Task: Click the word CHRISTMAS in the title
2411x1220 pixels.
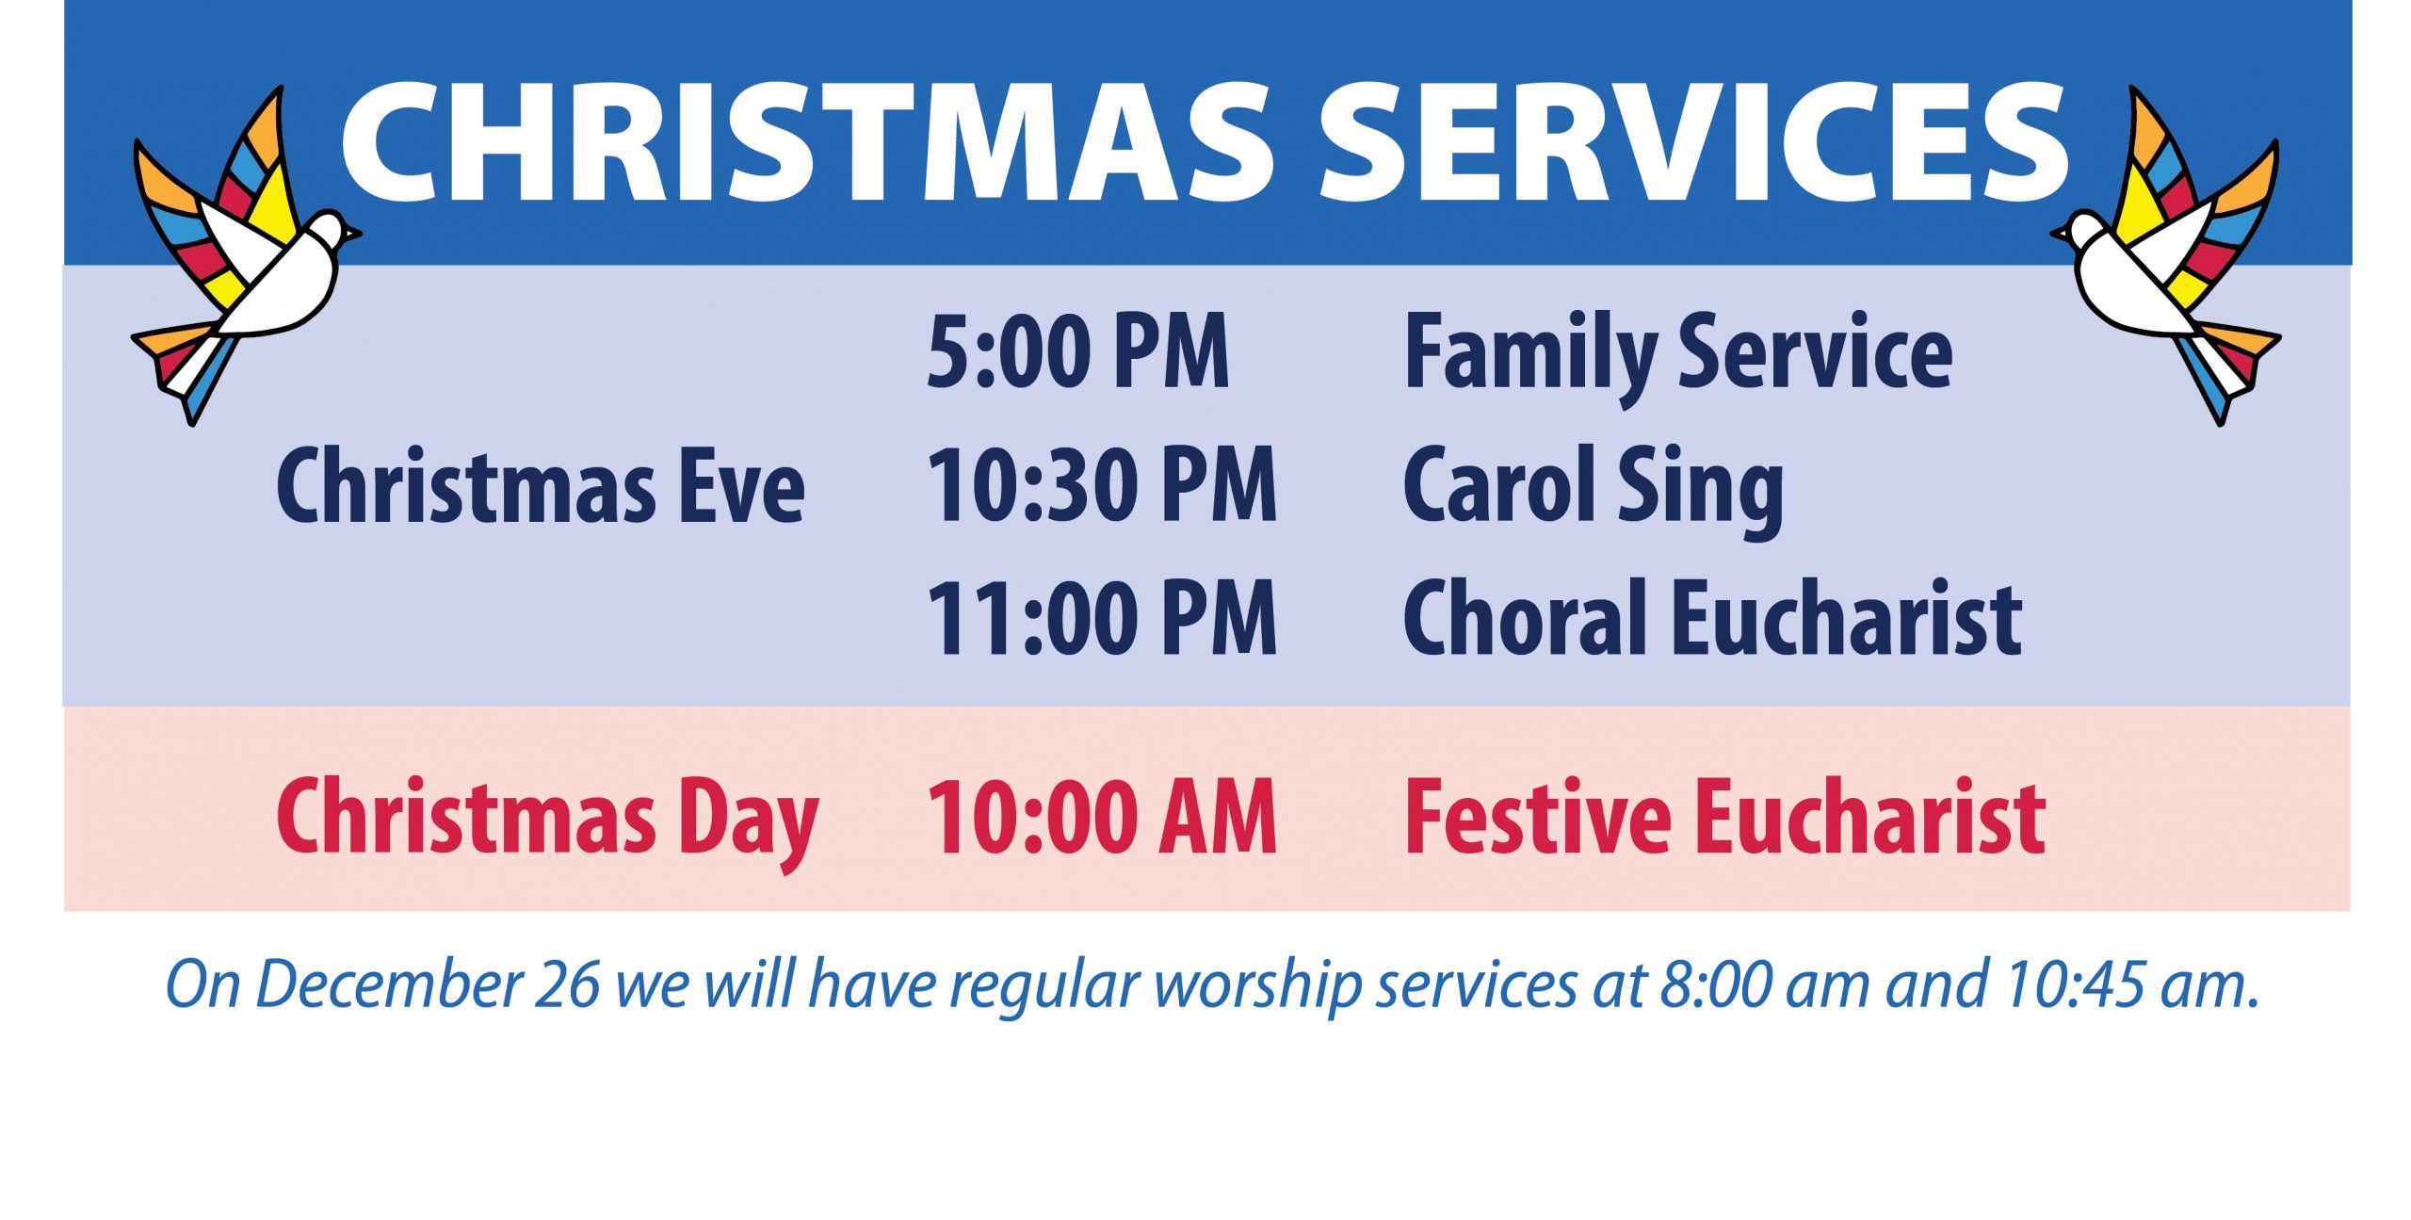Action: point(808,142)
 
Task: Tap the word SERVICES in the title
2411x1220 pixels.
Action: point(1693,142)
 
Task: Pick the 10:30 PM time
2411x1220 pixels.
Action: point(1102,484)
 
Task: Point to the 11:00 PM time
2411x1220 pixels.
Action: point(1102,618)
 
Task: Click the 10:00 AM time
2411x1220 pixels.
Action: point(1102,816)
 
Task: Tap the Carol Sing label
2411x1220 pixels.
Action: point(1594,490)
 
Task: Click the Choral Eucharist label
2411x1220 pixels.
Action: point(1712,618)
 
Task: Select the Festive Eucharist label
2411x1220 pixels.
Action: point(1724,816)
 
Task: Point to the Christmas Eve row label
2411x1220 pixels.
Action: point(541,486)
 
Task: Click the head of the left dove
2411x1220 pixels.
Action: point(330,231)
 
